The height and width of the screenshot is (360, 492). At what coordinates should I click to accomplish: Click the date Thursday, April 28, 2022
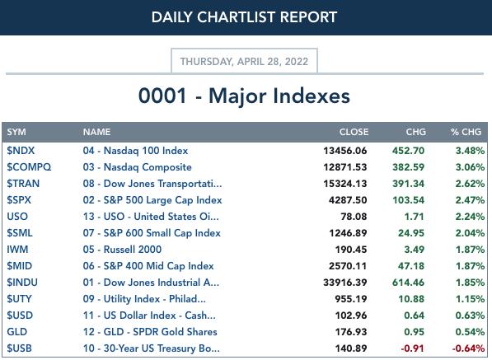click(244, 61)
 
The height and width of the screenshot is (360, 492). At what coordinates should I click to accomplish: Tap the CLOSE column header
click(354, 132)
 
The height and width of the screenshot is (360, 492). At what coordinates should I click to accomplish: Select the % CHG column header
click(466, 132)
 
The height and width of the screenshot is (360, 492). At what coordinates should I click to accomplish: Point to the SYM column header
click(16, 132)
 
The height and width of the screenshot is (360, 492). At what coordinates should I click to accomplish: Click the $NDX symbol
click(21, 151)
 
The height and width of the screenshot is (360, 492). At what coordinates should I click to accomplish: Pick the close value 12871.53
click(344, 167)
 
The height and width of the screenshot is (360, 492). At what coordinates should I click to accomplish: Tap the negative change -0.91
click(412, 348)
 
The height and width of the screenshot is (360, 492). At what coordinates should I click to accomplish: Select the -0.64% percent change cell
click(468, 348)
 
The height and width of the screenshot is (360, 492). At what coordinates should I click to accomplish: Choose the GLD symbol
click(17, 332)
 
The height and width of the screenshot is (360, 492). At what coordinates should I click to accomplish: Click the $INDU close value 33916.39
click(344, 283)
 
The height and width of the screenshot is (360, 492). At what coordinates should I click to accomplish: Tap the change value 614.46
click(408, 283)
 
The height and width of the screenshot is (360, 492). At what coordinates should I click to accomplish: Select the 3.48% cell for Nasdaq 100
click(470, 151)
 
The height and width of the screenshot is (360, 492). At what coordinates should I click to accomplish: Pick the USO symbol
click(17, 217)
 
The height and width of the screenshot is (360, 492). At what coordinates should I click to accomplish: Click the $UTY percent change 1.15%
click(470, 299)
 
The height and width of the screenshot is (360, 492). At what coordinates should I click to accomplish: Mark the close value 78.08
click(354, 217)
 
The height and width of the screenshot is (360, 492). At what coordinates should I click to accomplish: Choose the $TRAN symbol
click(23, 184)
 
